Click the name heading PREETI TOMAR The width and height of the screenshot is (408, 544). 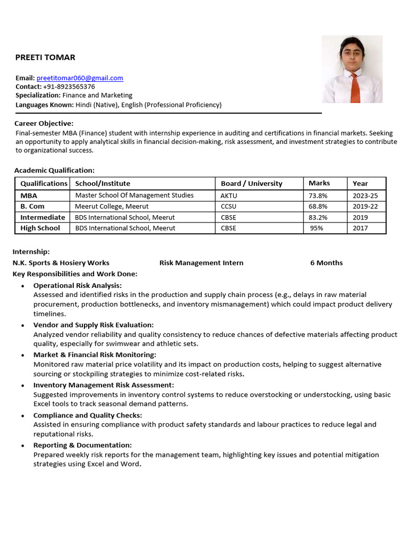(x=45, y=57)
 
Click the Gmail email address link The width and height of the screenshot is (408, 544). (x=80, y=78)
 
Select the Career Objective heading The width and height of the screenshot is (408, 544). (x=44, y=123)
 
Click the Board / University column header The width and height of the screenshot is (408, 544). (x=251, y=183)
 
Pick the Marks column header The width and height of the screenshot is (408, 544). (x=319, y=183)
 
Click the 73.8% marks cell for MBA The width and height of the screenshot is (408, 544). (x=318, y=195)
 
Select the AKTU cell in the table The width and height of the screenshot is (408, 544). (x=228, y=195)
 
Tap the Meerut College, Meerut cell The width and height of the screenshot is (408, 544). (x=112, y=206)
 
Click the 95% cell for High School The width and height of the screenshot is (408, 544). (x=317, y=228)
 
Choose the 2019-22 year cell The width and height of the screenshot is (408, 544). (x=365, y=206)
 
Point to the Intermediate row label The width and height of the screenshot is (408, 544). (x=42, y=217)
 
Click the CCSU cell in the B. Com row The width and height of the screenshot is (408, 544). (x=228, y=206)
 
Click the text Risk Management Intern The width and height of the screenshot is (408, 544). (x=201, y=263)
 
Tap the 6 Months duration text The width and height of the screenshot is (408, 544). (x=326, y=263)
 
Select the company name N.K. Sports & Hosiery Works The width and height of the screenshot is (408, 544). (x=61, y=263)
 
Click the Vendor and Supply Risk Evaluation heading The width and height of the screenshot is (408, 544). (x=93, y=325)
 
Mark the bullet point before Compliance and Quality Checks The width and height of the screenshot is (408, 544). (x=22, y=415)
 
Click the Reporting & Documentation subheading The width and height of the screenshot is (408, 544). (x=82, y=445)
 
